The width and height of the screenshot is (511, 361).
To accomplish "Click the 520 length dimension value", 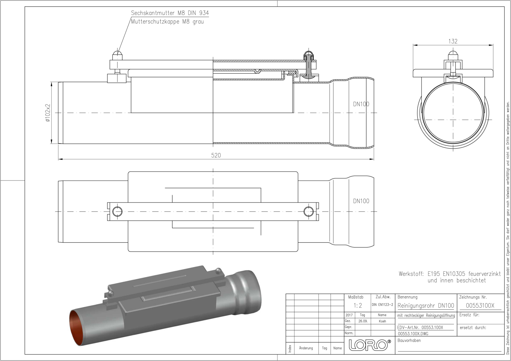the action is click(x=216, y=155).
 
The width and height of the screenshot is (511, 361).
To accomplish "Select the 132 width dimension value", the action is click(x=453, y=41).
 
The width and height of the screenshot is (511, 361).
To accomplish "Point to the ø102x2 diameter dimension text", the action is click(x=48, y=113).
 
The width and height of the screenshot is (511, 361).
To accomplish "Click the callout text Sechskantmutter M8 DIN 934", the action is click(x=170, y=13).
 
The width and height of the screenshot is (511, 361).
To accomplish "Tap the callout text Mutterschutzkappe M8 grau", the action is click(x=167, y=22).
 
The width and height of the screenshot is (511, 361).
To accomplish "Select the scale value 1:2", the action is click(x=358, y=306).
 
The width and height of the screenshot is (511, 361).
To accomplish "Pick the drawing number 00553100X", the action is click(x=480, y=306).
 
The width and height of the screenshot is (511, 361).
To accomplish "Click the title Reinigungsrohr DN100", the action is click(x=426, y=306).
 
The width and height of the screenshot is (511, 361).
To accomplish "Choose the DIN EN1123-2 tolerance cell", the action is click(x=382, y=305).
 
